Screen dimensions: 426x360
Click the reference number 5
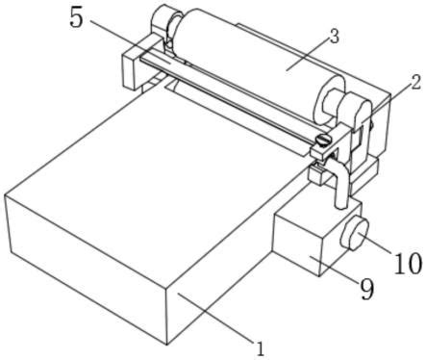coord(76,18)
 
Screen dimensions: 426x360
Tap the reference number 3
coord(335,38)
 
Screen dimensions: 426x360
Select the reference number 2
coord(415,83)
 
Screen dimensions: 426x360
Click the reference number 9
coord(367,289)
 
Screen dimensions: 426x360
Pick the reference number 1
coord(261,348)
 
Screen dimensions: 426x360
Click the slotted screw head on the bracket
coord(321,141)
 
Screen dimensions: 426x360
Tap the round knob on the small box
coord(355,232)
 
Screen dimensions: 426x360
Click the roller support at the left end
coord(164,24)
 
